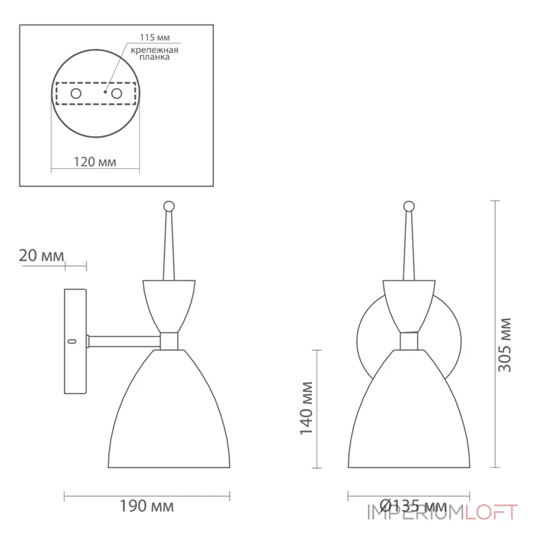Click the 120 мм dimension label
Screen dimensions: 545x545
pyautogui.click(x=95, y=162)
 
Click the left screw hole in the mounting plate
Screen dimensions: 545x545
pyautogui.click(x=76, y=92)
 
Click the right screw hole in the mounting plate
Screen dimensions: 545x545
pyautogui.click(x=116, y=92)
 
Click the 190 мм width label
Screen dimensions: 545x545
pyautogui.click(x=147, y=506)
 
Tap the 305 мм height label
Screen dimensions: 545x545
pyautogui.click(x=505, y=344)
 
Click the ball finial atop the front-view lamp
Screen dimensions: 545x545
pyautogui.click(x=409, y=205)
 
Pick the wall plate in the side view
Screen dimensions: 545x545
pyautogui.click(x=76, y=341)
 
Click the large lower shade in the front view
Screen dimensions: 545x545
pyautogui.click(x=409, y=416)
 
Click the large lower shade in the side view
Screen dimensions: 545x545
pyautogui.click(x=169, y=416)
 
